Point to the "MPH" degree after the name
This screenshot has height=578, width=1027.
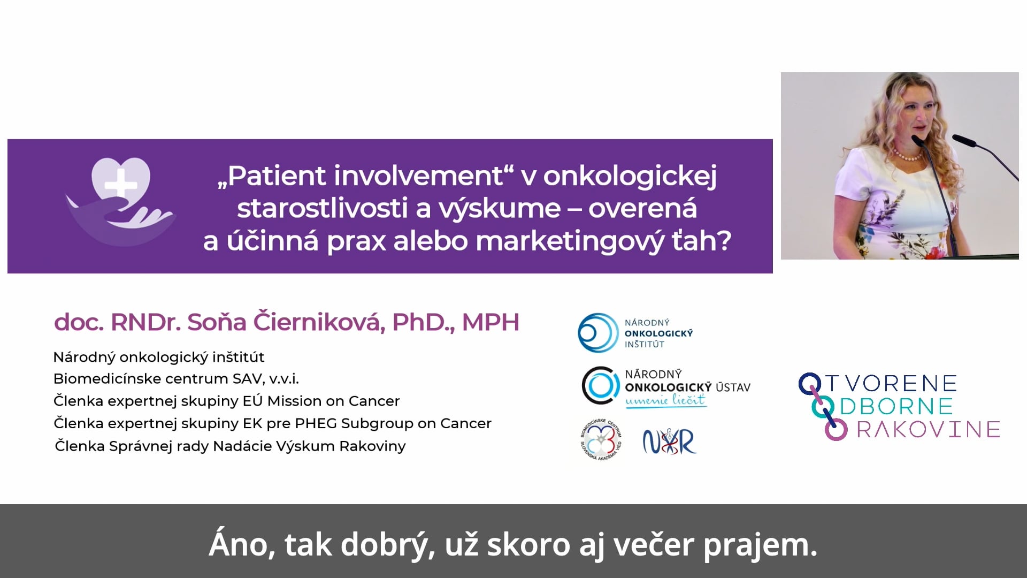pyautogui.click(x=490, y=322)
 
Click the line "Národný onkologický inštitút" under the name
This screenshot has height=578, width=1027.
pyautogui.click(x=159, y=357)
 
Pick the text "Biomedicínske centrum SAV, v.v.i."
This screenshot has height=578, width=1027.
pyautogui.click(x=176, y=379)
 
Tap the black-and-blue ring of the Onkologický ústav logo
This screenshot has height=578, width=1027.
pyautogui.click(x=601, y=385)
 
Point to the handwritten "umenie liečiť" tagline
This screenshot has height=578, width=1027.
pyautogui.click(x=666, y=400)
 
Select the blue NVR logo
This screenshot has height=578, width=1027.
pyautogui.click(x=669, y=442)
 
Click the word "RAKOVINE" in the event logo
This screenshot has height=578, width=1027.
pyautogui.click(x=929, y=429)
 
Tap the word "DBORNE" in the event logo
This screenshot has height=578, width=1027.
pyautogui.click(x=896, y=406)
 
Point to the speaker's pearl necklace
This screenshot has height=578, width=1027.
pyautogui.click(x=908, y=157)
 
